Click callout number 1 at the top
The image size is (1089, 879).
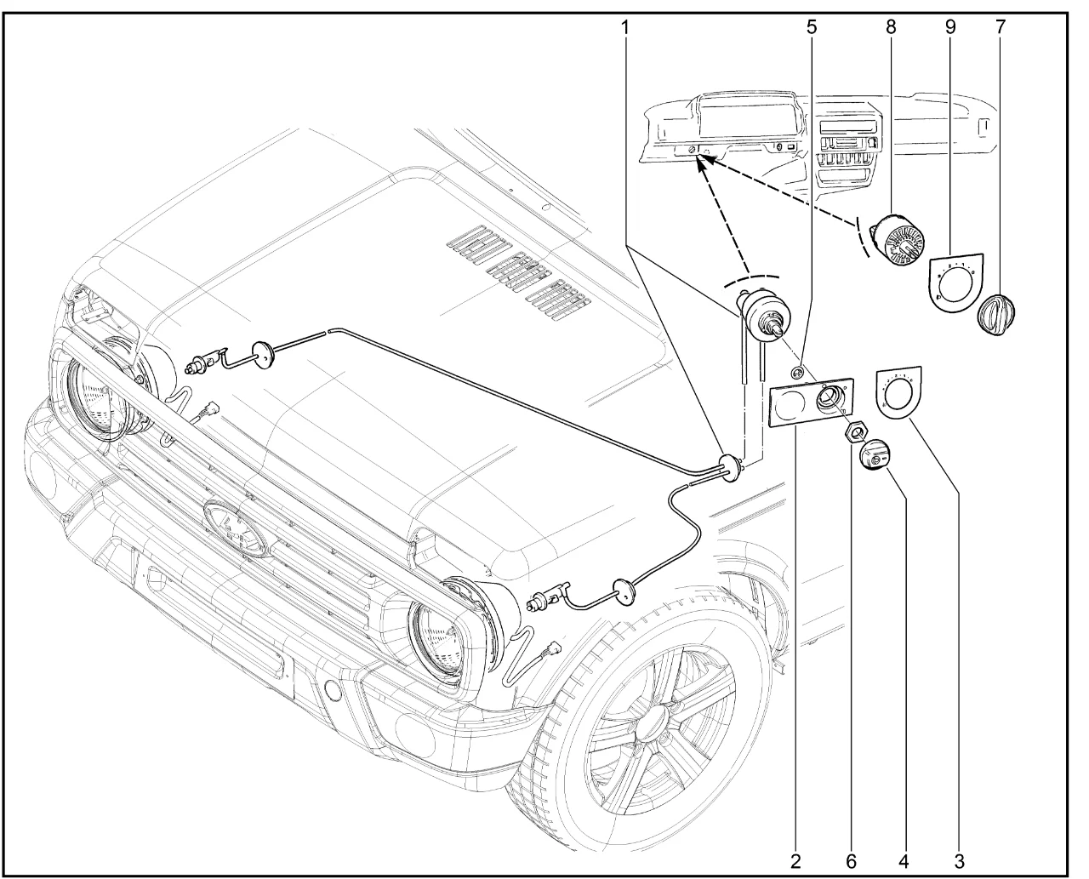click(624, 27)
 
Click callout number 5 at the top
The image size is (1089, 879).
click(812, 27)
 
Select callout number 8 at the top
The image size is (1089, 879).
click(891, 27)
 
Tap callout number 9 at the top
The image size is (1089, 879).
click(950, 27)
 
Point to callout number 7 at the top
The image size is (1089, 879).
click(1000, 27)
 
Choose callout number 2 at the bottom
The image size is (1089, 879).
click(795, 862)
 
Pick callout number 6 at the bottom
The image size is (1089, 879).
click(851, 862)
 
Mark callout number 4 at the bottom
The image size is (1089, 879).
click(904, 862)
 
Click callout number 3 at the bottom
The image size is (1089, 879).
click(959, 862)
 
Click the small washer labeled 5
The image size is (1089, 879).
click(797, 372)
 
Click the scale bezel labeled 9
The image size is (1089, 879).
click(954, 282)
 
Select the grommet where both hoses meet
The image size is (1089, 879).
click(728, 467)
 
